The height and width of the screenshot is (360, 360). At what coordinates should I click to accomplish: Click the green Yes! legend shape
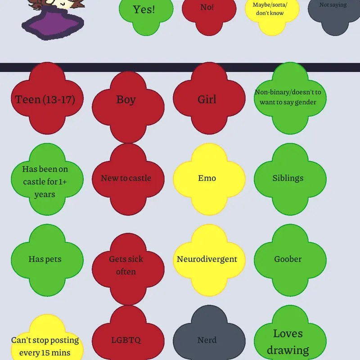click(x=146, y=14)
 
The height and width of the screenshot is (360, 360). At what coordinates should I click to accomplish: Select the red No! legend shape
click(x=209, y=14)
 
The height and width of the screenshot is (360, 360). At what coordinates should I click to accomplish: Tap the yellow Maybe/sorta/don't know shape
click(x=272, y=14)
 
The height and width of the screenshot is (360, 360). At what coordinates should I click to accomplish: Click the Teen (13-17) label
click(x=45, y=99)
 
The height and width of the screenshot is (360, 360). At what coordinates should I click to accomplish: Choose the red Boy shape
click(x=128, y=107)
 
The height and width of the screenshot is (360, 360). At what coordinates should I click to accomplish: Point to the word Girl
click(x=207, y=99)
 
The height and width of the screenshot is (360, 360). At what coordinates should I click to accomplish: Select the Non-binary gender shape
click(x=290, y=98)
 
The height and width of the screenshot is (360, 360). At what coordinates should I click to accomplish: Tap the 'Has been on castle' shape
click(x=47, y=179)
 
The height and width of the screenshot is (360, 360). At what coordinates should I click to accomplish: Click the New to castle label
click(x=126, y=178)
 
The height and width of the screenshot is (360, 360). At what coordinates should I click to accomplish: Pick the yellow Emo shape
click(x=209, y=179)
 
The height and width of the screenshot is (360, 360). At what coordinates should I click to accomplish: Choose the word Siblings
click(x=288, y=178)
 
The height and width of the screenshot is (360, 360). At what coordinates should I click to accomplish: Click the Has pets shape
click(x=47, y=260)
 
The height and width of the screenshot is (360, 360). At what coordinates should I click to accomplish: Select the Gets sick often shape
click(x=128, y=269)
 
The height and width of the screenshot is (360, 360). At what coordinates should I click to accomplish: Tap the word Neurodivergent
click(x=207, y=259)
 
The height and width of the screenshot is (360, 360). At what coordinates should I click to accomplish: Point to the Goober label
click(x=288, y=259)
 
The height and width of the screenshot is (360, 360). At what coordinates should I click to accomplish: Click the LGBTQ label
click(x=126, y=340)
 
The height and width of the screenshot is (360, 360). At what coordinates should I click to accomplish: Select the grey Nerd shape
click(x=209, y=333)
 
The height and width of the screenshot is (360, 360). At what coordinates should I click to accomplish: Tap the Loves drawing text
click(x=288, y=342)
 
